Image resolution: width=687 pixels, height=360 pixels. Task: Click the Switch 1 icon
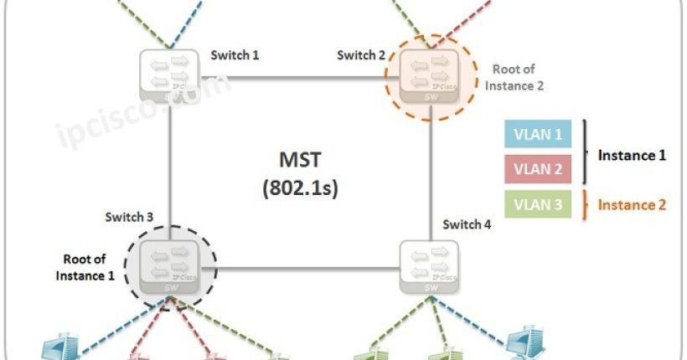pyautogui.click(x=171, y=76)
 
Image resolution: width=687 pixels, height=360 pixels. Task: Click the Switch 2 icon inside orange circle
pyautogui.click(x=430, y=76)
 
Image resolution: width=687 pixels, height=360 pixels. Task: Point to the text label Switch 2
pyautogui.click(x=361, y=55)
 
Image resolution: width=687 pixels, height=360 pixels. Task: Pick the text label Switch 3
pyautogui.click(x=129, y=218)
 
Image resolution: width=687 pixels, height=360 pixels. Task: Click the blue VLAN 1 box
pyautogui.click(x=538, y=133)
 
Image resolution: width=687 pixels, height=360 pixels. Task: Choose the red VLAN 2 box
pyautogui.click(x=538, y=167)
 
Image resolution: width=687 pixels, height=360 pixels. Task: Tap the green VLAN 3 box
pyautogui.click(x=538, y=203)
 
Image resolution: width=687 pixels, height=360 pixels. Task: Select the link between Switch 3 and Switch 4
pyautogui.click(x=302, y=269)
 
